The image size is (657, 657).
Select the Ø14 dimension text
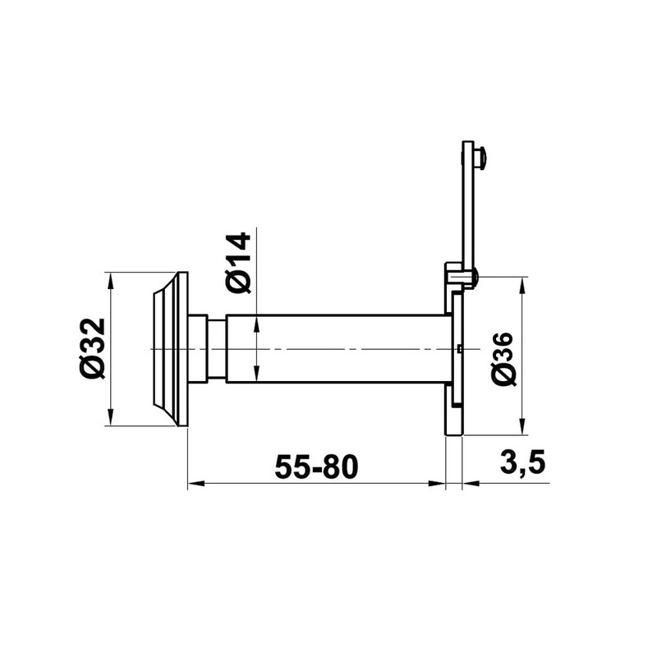click(x=237, y=263)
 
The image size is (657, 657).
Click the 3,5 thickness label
click(x=522, y=462)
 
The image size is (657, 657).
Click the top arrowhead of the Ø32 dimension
click(x=111, y=281)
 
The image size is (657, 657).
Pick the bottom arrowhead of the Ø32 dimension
click(x=111, y=418)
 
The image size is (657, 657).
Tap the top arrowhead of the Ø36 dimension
click(x=521, y=285)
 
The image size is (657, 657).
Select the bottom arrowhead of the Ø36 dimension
click(x=521, y=427)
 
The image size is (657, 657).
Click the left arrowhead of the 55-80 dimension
click(x=195, y=484)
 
